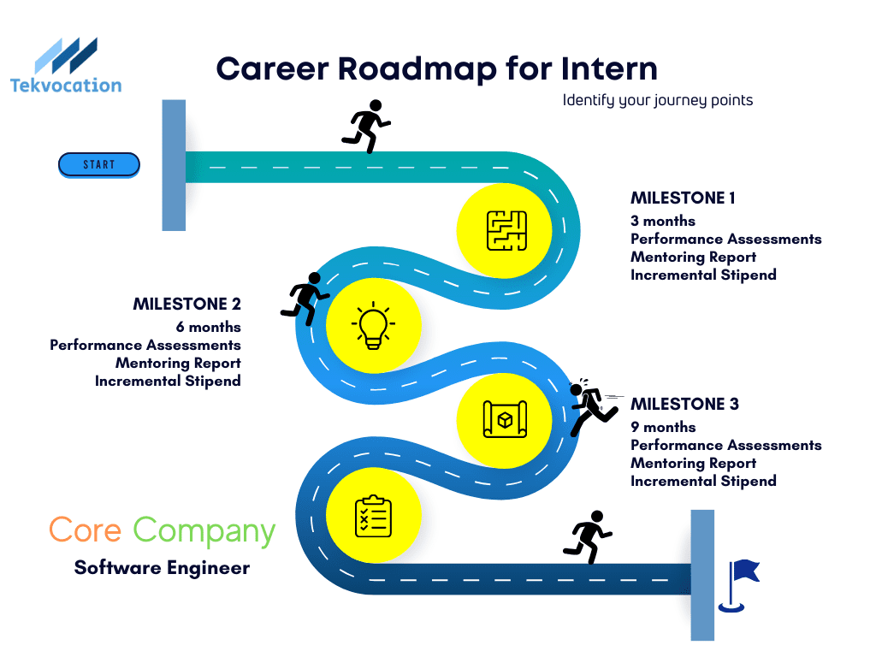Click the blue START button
tap(99, 165)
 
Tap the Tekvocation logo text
tap(66, 86)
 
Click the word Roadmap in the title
tap(417, 69)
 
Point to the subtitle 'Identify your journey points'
tap(658, 101)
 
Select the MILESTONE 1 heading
tap(683, 198)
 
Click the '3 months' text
tap(663, 222)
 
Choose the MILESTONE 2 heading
tap(187, 304)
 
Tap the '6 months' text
tap(209, 327)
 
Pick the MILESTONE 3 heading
tap(685, 404)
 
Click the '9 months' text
tap(663, 428)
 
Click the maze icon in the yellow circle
tap(506, 231)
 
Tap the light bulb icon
tap(373, 326)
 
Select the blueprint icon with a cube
tap(505, 419)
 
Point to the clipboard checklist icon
tap(373, 516)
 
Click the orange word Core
tap(85, 530)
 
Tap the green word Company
tap(204, 531)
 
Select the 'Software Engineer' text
tap(162, 568)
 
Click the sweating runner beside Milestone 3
tap(592, 407)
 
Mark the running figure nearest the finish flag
tap(587, 536)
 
